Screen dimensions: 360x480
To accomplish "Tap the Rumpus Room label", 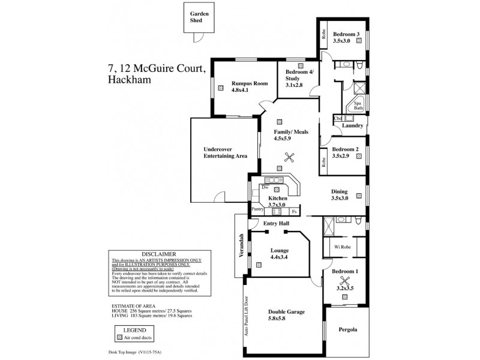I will [235, 83].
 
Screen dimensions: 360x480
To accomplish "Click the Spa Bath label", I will [358, 106].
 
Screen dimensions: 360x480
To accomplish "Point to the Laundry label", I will [352, 125].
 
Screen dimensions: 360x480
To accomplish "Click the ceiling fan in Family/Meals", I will [289, 158].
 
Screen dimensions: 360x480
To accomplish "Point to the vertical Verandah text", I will [241, 245].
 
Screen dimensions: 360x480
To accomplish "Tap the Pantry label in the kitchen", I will [258, 209].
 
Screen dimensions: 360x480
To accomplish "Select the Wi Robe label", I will [334, 246].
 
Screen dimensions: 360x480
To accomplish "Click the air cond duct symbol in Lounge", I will [258, 265].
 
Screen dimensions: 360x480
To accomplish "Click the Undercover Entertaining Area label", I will [226, 152].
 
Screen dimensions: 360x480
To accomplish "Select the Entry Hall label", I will [277, 224].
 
